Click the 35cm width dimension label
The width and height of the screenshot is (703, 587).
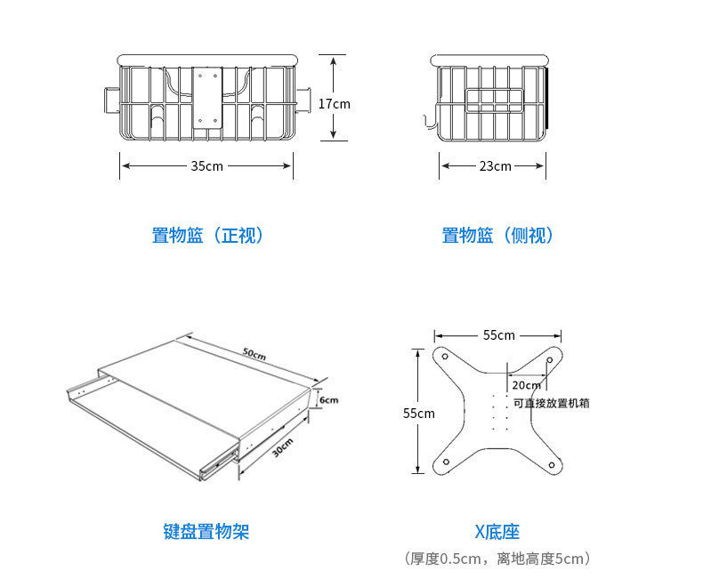click(206, 166)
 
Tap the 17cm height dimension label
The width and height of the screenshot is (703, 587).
click(335, 103)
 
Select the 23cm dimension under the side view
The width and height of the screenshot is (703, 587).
click(495, 166)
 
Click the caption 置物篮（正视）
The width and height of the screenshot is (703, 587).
click(208, 236)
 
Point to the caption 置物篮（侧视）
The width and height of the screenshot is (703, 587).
click(498, 236)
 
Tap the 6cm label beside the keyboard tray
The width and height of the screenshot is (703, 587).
click(329, 400)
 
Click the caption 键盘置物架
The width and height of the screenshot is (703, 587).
click(206, 532)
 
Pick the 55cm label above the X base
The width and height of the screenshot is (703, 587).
click(499, 335)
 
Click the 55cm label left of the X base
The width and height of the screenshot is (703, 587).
click(419, 413)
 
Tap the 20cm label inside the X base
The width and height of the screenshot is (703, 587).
click(526, 385)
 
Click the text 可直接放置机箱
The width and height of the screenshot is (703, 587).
click(552, 403)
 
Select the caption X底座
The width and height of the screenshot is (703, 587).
click(497, 532)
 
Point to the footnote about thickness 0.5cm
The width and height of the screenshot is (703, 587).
click(497, 559)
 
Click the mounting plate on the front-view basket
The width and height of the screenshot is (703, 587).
click(207, 98)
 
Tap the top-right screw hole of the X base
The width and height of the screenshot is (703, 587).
click(550, 360)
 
